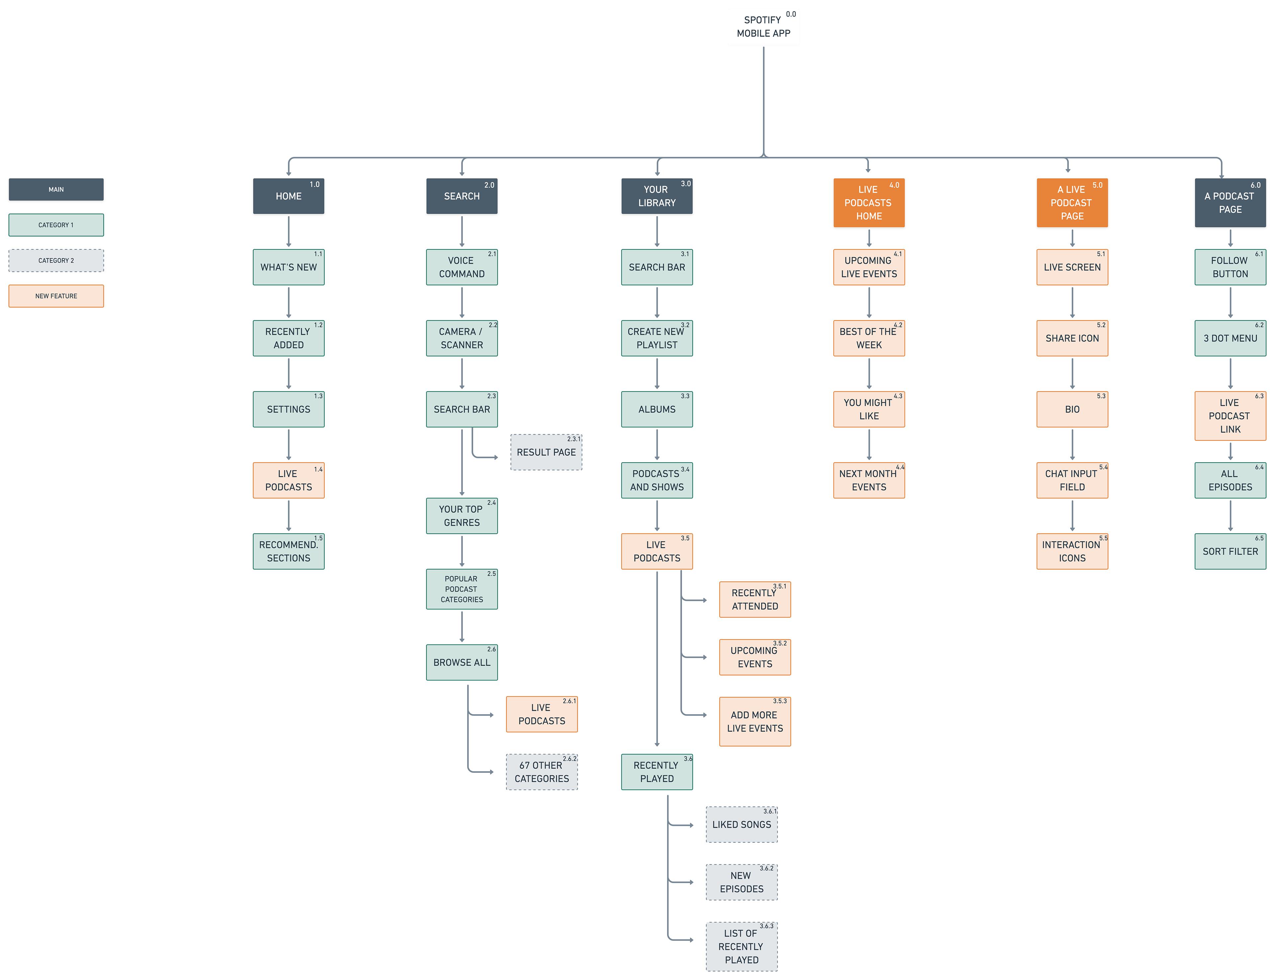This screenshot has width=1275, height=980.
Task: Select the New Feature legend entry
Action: coord(56,296)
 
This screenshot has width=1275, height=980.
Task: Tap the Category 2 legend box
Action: coord(56,260)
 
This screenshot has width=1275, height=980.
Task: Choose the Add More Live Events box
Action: coord(755,722)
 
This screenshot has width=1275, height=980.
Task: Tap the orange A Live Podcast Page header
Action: coord(1072,203)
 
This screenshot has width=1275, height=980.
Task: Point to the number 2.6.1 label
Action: coord(569,701)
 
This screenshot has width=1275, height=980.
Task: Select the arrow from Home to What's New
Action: coord(289,232)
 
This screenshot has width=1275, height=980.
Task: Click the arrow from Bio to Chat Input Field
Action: coord(1072,445)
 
